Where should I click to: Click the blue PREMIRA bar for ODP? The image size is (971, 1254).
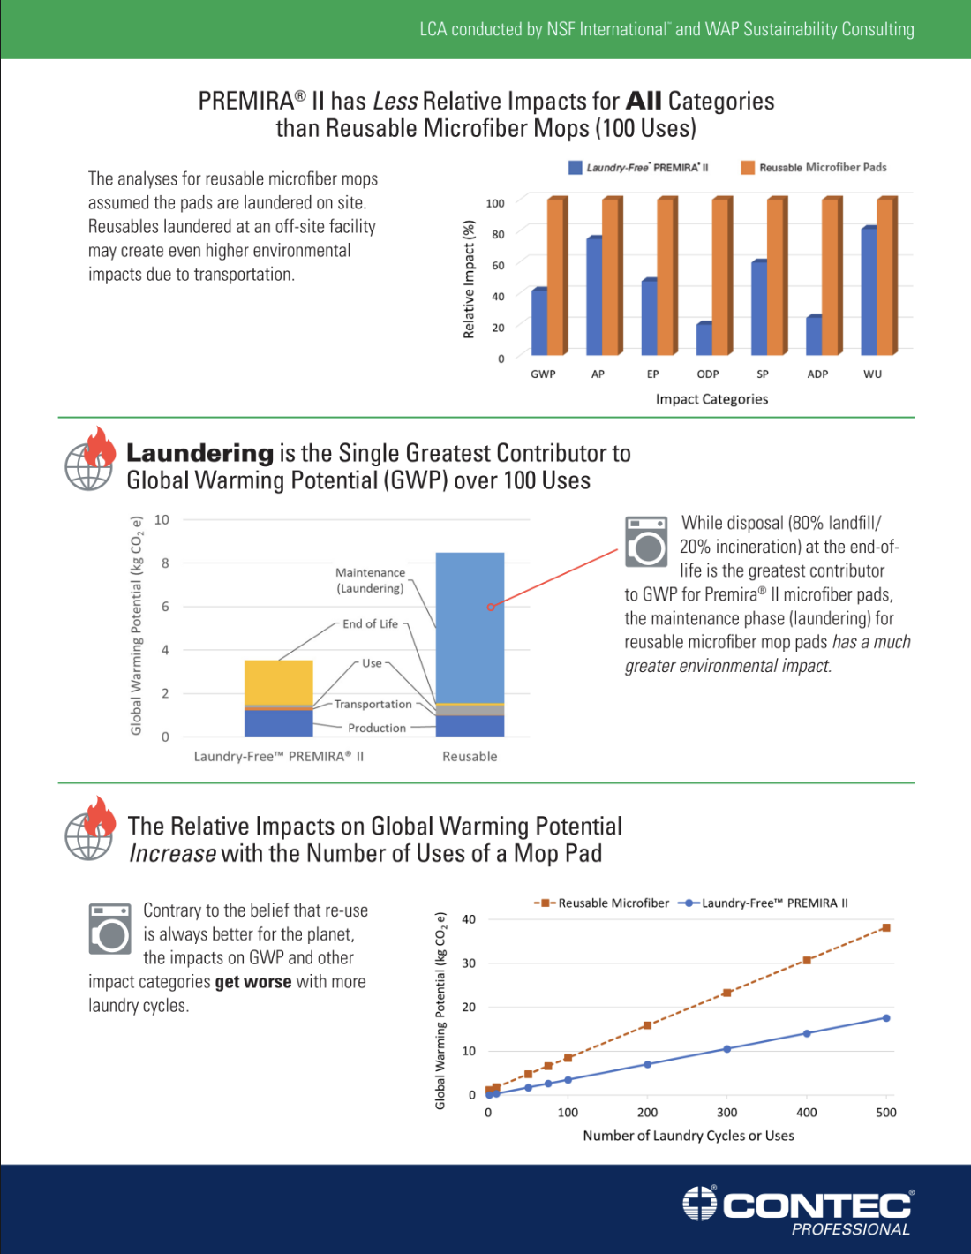[704, 339]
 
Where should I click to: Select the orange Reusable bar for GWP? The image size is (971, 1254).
[556, 276]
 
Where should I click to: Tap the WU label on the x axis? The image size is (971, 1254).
[872, 374]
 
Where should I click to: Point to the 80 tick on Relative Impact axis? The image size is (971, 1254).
[498, 234]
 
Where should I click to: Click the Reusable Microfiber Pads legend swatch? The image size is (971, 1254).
[748, 168]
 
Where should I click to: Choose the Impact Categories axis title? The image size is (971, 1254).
[711, 399]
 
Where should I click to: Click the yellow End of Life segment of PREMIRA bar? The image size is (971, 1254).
[278, 682]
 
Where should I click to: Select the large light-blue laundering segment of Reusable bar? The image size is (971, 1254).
[470, 627]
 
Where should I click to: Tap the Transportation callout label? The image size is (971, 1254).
[373, 705]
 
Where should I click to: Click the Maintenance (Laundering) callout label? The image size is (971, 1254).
[370, 580]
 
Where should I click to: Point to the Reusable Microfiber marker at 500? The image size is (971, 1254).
[885, 928]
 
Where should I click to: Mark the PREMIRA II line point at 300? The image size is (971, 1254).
[726, 1049]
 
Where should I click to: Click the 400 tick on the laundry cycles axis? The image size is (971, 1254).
[806, 1113]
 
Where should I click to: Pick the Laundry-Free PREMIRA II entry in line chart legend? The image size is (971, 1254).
[773, 903]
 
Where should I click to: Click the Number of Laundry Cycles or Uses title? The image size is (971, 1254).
[688, 1136]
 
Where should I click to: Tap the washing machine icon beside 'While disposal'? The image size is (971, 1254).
[646, 541]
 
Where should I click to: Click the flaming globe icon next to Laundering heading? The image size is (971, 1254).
[90, 458]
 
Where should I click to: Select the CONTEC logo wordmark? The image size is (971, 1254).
[817, 1205]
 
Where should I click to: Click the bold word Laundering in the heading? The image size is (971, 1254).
[199, 453]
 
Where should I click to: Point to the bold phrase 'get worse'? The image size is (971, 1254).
[252, 982]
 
